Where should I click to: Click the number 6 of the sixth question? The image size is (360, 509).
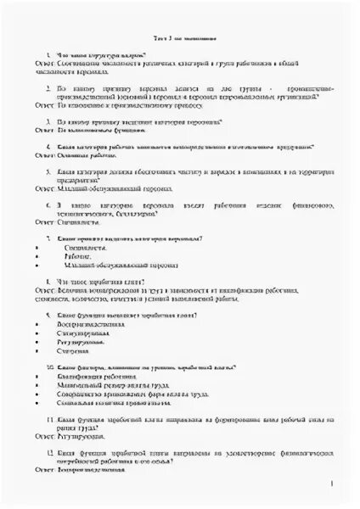(50, 204)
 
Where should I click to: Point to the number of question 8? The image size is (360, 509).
(49, 281)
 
